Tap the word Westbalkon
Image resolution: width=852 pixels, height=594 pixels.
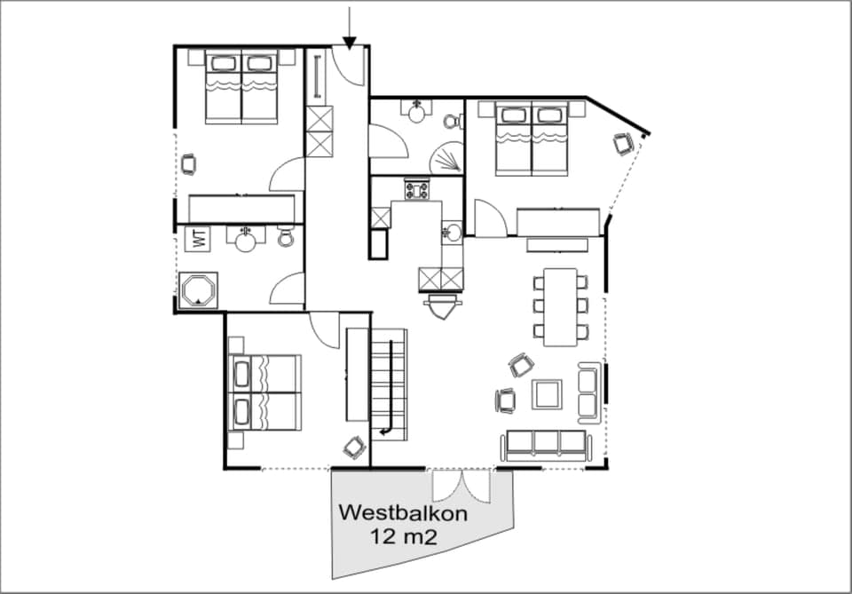coord(403,513)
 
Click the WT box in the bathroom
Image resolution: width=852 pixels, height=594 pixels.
coord(196,238)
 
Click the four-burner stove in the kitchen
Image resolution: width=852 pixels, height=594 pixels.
coord(415,189)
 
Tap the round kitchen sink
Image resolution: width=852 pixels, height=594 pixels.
coord(453,233)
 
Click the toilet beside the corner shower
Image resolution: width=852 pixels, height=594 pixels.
coord(452,122)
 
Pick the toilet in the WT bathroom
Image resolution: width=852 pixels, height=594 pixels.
coord(286,237)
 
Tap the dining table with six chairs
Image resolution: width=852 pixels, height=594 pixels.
coord(560,306)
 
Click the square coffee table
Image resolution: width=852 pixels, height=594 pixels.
coord(547,393)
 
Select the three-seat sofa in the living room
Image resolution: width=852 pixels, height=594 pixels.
coord(545,445)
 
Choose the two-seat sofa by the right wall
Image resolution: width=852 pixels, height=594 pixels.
coord(588,393)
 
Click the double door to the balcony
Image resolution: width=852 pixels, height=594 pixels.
coord(460,484)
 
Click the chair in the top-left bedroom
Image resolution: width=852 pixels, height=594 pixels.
coord(188,163)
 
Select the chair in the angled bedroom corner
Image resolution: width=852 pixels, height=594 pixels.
coord(623,142)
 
